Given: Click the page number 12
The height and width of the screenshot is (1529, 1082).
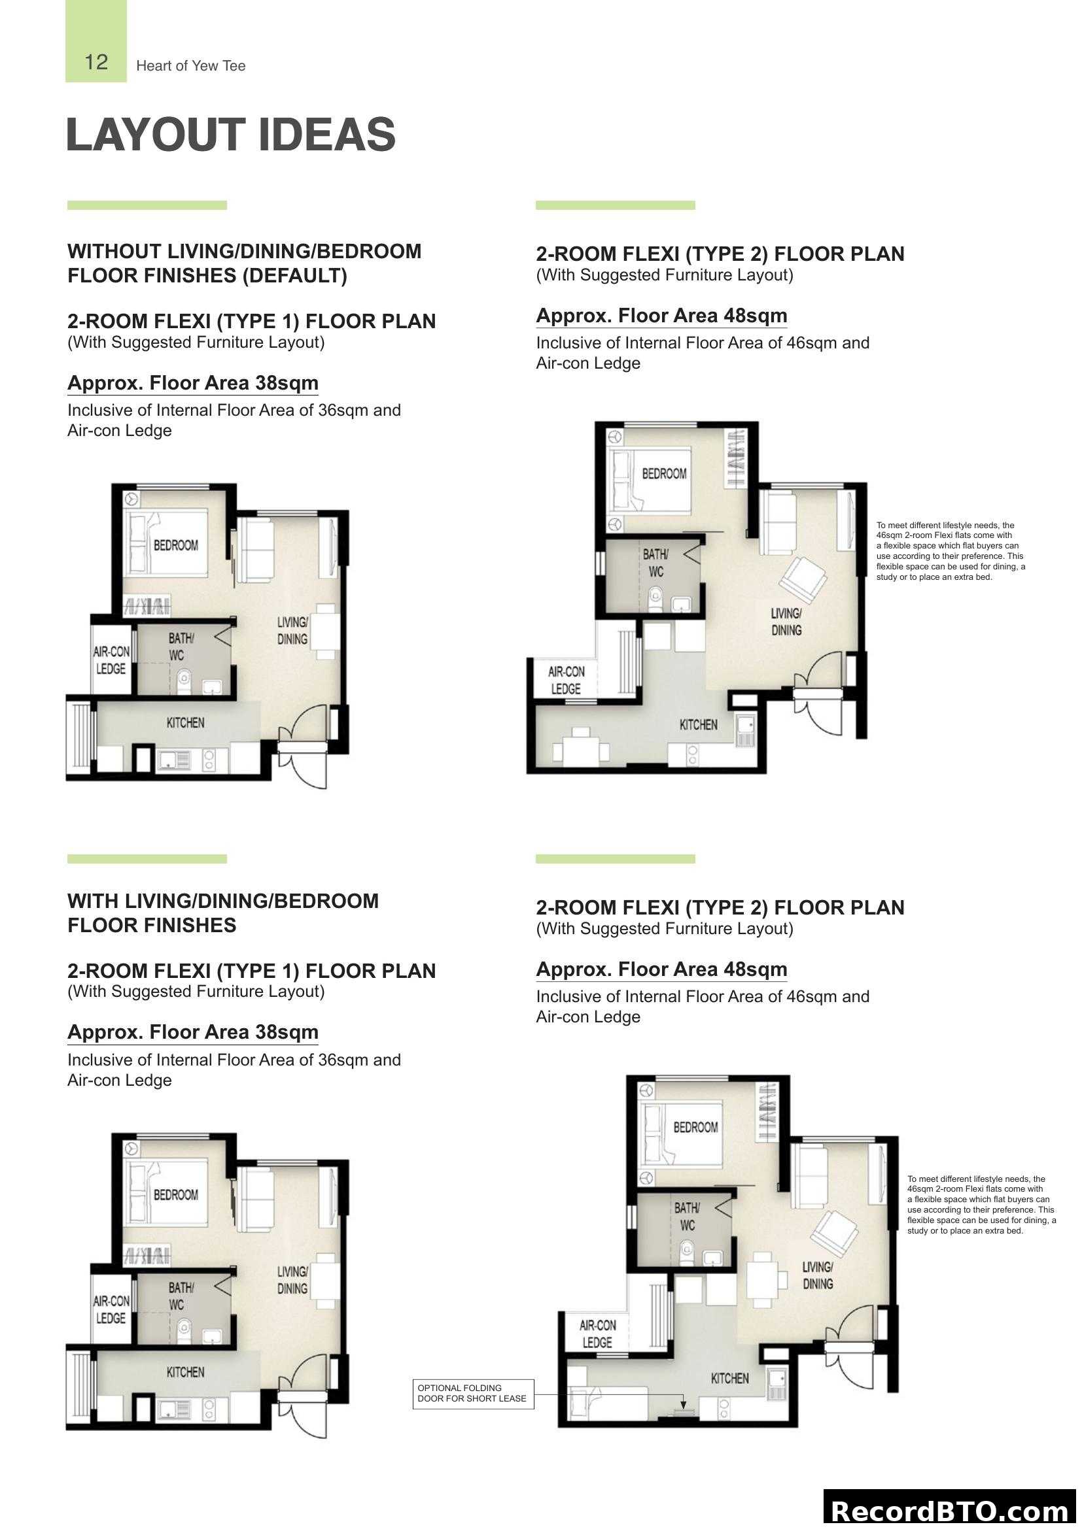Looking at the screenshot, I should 96,63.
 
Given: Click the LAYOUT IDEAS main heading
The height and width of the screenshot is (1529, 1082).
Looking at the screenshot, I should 230,135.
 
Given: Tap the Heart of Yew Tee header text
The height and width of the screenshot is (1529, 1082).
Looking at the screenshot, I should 190,66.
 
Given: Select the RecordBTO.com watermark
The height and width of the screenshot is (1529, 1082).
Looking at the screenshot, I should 950,1511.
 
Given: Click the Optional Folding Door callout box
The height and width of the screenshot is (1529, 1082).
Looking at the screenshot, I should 472,1393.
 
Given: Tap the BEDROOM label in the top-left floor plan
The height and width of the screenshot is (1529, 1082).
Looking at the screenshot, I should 176,545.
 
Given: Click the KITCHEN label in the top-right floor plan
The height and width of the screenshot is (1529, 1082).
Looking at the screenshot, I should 697,724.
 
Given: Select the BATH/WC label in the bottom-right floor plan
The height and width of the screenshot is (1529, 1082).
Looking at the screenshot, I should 687,1216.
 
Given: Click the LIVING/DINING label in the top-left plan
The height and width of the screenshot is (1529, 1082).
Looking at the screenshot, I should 292,631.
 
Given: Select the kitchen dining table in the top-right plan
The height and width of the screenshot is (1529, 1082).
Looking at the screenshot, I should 581,750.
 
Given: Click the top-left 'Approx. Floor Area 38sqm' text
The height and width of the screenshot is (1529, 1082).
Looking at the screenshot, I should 192,383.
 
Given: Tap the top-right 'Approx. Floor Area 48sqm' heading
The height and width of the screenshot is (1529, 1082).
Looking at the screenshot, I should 661,316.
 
